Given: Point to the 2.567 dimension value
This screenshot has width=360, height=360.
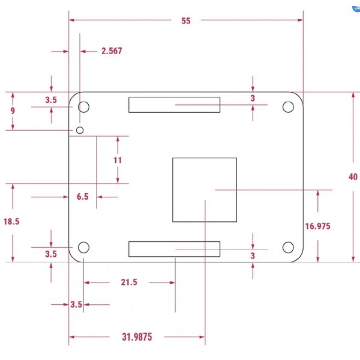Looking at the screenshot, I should pyautogui.click(x=112, y=51).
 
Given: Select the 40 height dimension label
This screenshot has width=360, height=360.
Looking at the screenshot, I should pyautogui.click(x=353, y=176).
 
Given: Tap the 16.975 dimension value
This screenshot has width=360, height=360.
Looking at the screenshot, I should pyautogui.click(x=318, y=226).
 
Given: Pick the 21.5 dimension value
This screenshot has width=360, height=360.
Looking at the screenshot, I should pyautogui.click(x=129, y=282).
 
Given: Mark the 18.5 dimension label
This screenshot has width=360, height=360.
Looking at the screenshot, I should pyautogui.click(x=11, y=221).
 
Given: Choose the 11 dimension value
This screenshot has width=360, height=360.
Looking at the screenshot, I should pyautogui.click(x=118, y=160).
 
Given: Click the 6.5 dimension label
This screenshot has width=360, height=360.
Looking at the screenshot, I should pyautogui.click(x=82, y=197).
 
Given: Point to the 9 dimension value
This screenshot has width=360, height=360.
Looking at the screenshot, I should pyautogui.click(x=13, y=111).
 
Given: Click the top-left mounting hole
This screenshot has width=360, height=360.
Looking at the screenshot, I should pyautogui.click(x=84, y=107).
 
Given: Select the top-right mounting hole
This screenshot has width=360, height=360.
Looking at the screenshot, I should pyautogui.click(x=288, y=107).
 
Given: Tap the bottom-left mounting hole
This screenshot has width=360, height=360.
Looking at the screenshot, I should pyautogui.click(x=84, y=247).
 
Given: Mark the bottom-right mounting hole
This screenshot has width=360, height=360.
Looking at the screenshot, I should pyautogui.click(x=288, y=247).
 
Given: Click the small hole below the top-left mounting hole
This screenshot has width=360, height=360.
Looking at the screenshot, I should pyautogui.click(x=79, y=130).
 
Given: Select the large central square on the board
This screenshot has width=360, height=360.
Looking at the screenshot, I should pyautogui.click(x=205, y=190).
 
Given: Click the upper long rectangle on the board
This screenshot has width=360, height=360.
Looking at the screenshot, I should pyautogui.click(x=174, y=106).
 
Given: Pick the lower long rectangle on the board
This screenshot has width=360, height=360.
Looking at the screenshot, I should pyautogui.click(x=174, y=249).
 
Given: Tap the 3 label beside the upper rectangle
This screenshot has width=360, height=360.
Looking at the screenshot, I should pyautogui.click(x=253, y=98).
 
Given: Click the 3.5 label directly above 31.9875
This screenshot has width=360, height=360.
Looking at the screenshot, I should pyautogui.click(x=76, y=305).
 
